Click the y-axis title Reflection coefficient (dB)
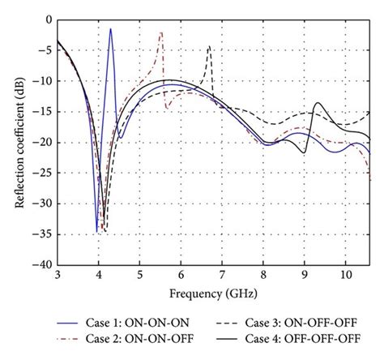pos(19,141)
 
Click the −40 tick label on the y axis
pos(41,264)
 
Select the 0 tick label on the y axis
pos(48,19)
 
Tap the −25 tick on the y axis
pos(41,173)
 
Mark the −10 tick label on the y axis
pos(41,81)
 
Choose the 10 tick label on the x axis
pos(347,274)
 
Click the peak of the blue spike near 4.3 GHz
pos(110,28)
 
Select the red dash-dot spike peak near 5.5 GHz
pos(161,32)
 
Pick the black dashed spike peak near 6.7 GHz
pos(209,46)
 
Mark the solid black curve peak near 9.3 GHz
pos(317,103)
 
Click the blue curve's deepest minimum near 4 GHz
pos(97,231)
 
